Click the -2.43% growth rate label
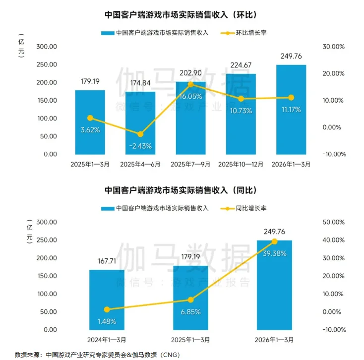point(140,146)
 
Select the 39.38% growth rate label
point(274,253)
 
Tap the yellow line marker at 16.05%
point(191,84)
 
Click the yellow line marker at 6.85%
point(191,300)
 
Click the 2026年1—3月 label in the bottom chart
point(274,340)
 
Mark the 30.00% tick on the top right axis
point(333,47)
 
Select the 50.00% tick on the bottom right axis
point(333,222)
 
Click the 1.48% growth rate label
point(107,321)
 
